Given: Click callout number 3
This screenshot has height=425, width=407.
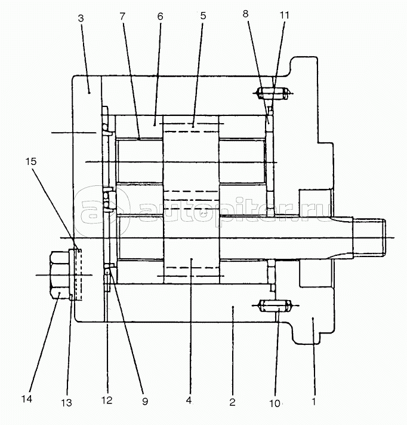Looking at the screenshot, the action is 81,19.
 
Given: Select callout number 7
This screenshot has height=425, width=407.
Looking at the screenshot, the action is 122,17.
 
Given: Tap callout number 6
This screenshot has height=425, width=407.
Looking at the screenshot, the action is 160,17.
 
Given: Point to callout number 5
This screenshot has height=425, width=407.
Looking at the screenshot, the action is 203,16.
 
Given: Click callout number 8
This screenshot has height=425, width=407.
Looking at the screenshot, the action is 245,14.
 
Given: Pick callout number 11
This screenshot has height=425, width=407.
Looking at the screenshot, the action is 284,15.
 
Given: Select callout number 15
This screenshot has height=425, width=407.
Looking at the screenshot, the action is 31,161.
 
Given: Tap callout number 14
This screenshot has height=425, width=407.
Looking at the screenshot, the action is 27,399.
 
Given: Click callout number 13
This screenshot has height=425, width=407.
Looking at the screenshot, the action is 67,403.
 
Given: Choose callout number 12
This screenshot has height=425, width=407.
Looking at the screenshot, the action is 107,400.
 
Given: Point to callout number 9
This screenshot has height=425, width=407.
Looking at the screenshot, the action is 145,402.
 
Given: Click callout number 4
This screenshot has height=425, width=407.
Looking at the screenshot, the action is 189,400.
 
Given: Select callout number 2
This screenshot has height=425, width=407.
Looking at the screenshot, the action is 232,402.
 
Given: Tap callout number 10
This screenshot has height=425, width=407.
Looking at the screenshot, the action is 275,403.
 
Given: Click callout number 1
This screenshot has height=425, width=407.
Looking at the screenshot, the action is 314,402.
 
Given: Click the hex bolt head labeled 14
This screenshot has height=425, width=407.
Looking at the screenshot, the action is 60,275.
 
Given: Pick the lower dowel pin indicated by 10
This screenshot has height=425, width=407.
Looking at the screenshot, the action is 275,305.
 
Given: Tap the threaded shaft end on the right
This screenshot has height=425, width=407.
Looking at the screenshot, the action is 369,238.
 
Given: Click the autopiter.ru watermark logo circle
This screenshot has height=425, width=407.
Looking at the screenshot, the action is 101,210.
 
